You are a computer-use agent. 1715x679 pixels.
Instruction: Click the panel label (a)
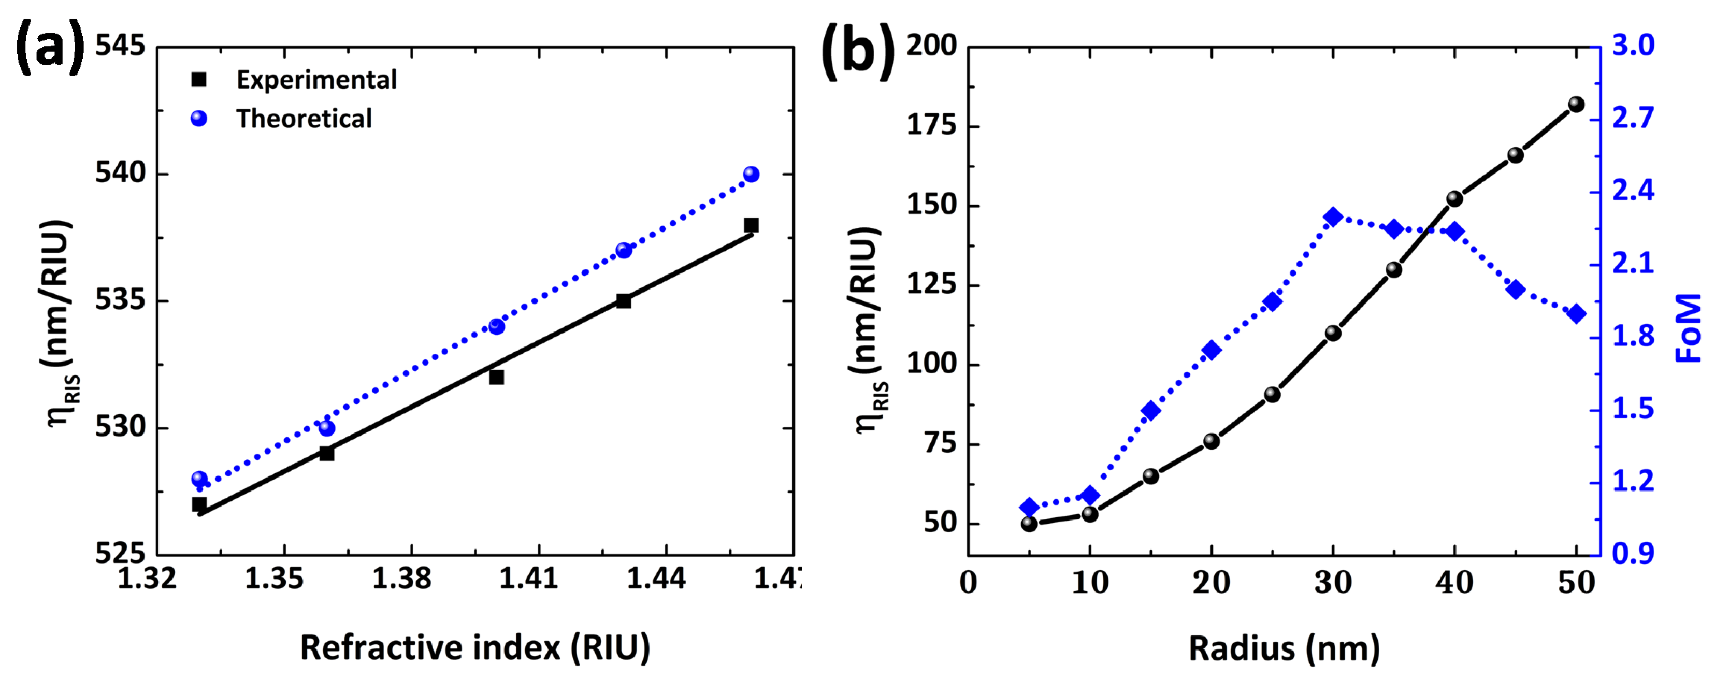tap(50, 46)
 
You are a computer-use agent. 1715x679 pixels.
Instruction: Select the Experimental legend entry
tap(316, 80)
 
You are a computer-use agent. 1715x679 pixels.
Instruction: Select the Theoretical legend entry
tap(304, 119)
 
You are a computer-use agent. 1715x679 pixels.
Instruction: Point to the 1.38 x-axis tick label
tap(401, 579)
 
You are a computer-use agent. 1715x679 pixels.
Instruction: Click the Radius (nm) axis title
tap(1284, 648)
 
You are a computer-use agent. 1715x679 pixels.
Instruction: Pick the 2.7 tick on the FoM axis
tap(1633, 118)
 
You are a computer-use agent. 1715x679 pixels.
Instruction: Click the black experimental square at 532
tap(496, 378)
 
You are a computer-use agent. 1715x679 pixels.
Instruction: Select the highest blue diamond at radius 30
tap(1333, 217)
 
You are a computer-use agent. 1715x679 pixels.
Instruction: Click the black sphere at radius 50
tap(1576, 105)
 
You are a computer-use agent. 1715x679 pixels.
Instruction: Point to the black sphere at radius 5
tap(1029, 524)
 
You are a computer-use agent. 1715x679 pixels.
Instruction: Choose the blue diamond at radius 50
tap(1576, 313)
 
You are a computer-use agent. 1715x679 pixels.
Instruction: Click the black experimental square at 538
tap(751, 225)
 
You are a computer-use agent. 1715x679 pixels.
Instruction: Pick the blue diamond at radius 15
tap(1151, 411)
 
